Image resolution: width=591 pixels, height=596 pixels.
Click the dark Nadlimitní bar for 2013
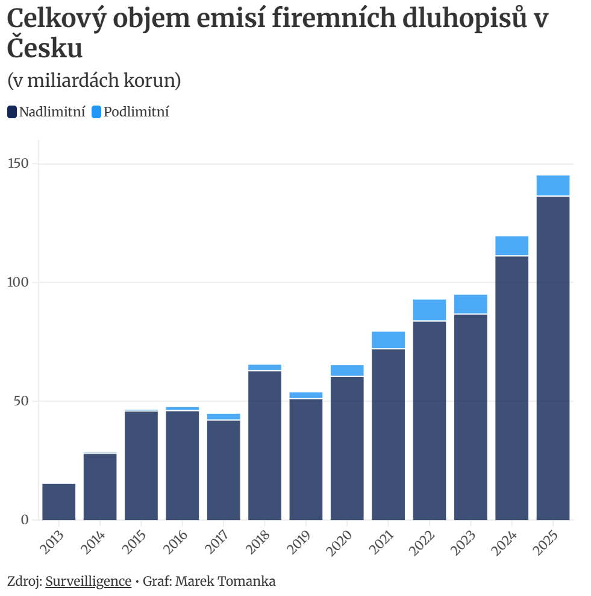click(x=59, y=501)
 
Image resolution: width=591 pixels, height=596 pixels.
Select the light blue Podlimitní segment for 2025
click(x=552, y=185)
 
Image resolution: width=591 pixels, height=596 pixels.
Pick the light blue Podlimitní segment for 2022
click(x=430, y=310)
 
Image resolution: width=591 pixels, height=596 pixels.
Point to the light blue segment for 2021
click(x=388, y=340)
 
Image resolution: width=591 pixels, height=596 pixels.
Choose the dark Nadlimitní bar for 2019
click(x=306, y=459)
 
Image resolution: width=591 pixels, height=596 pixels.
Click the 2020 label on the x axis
click(x=341, y=542)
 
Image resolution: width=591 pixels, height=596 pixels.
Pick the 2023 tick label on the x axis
click(x=464, y=542)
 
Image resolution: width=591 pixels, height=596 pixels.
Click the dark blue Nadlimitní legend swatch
click(x=12, y=112)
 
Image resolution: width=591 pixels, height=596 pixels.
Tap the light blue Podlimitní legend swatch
click(x=96, y=112)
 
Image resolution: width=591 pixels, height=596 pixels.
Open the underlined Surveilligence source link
click(x=89, y=581)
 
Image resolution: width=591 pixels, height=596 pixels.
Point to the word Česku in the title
click(x=45, y=49)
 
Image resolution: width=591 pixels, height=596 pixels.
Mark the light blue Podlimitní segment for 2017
click(x=224, y=416)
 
